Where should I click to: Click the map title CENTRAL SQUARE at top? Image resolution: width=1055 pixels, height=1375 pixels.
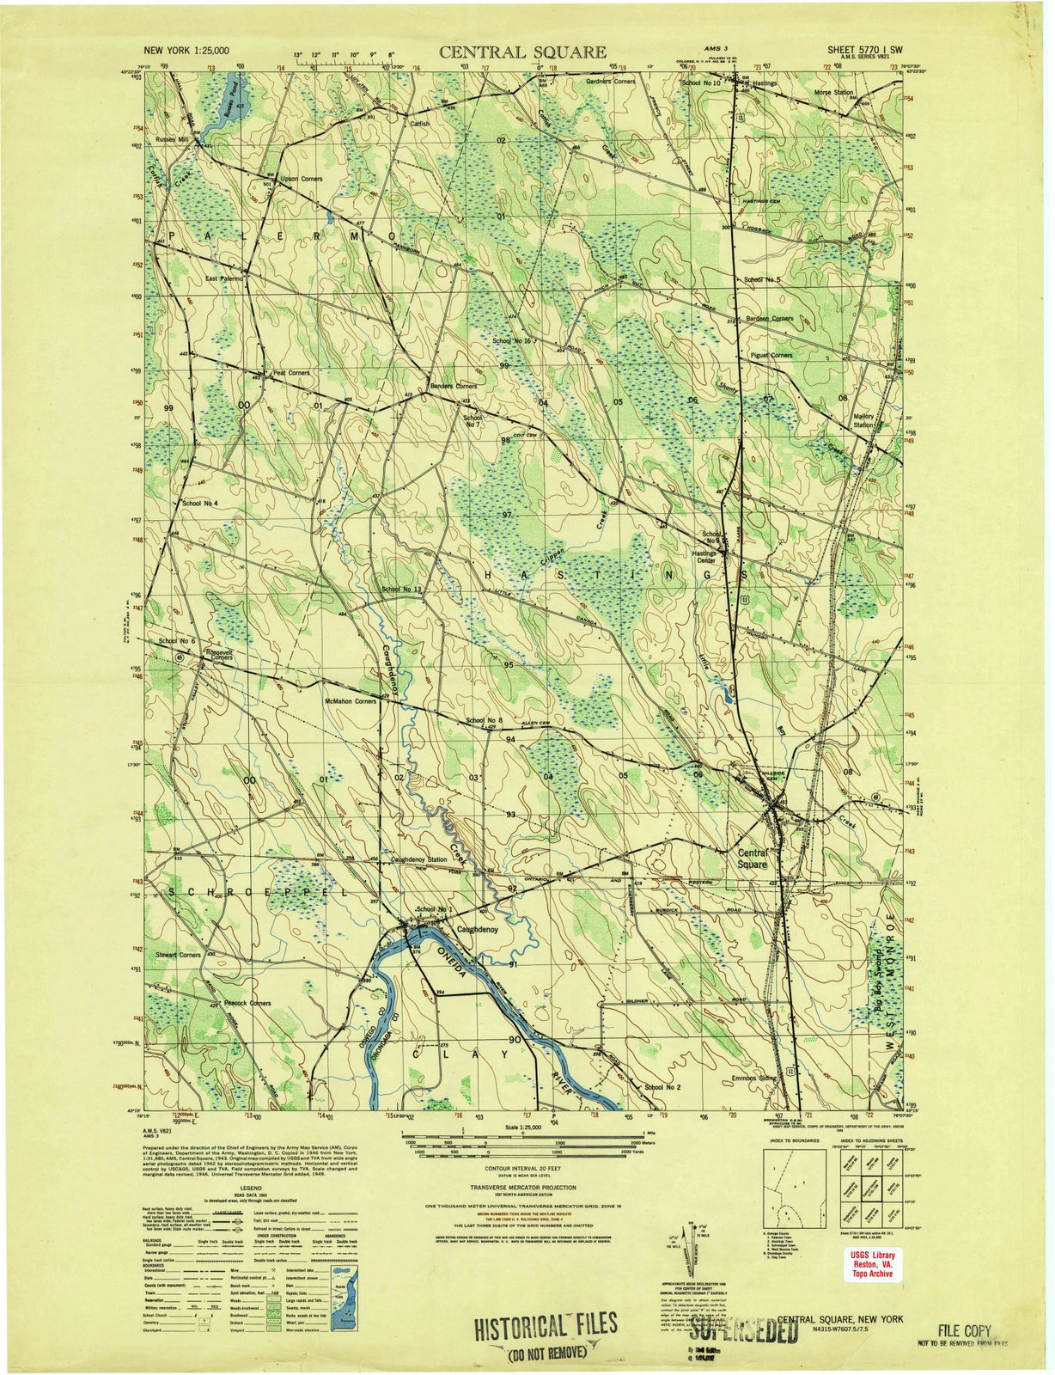click(x=522, y=52)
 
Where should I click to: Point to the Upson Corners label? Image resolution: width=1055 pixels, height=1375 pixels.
click(x=301, y=179)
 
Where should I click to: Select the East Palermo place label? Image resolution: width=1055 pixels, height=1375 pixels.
click(x=225, y=279)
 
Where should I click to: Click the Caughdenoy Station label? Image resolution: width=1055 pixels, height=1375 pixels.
click(x=419, y=859)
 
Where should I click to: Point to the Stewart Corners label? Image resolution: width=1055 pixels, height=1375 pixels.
click(x=178, y=955)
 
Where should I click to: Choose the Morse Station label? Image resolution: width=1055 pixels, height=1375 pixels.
click(x=833, y=92)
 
